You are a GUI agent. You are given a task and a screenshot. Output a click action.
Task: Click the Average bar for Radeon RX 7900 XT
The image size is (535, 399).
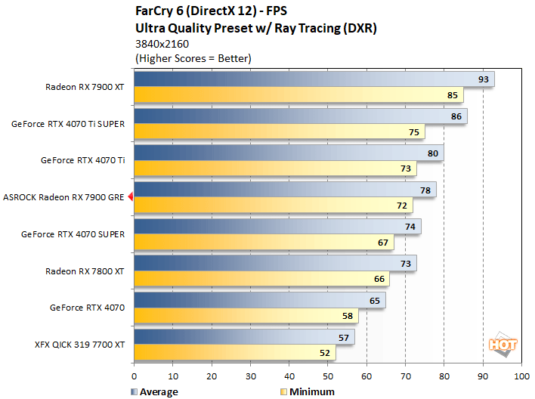[x=314, y=79]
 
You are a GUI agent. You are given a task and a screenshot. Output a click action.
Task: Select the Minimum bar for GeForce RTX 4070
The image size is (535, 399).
[x=246, y=316]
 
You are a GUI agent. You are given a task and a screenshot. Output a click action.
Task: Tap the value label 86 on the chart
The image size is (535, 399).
[x=455, y=116]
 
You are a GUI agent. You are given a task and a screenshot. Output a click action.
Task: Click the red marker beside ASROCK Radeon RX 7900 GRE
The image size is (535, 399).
[x=131, y=197]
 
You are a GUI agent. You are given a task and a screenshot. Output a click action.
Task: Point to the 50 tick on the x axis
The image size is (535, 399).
[x=328, y=376]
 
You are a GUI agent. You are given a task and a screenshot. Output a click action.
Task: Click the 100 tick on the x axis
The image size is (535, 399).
[x=521, y=376]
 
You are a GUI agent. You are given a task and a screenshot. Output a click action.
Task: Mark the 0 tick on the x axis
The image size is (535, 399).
[x=135, y=376]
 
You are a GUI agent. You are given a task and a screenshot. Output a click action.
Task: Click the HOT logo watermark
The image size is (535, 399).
[x=503, y=343]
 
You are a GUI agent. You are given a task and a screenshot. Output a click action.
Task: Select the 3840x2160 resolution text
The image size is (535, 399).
[x=162, y=44]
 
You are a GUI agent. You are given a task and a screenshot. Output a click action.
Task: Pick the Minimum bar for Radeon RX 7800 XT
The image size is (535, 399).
[x=261, y=279]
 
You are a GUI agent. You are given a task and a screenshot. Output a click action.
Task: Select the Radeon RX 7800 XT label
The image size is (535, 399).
[x=85, y=271]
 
